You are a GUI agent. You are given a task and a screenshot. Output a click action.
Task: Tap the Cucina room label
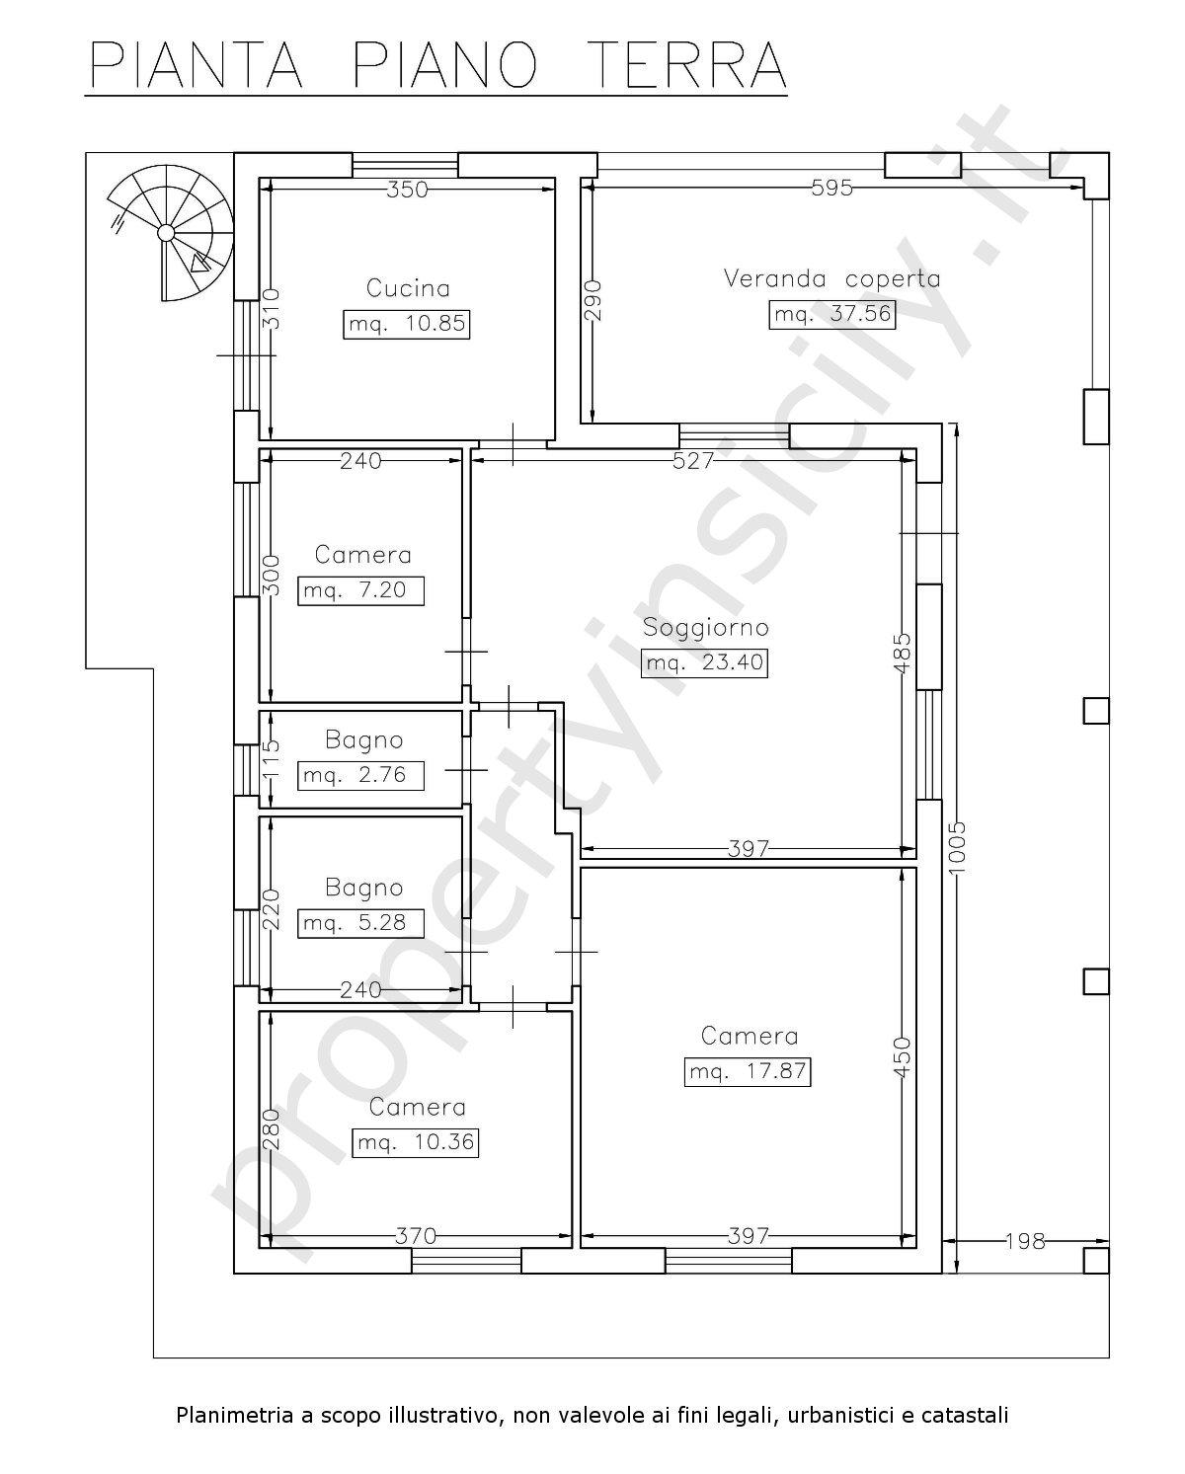click(x=408, y=287)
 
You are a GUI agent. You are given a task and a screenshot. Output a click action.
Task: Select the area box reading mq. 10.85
click(x=407, y=324)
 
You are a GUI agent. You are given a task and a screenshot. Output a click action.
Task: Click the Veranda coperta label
click(x=832, y=278)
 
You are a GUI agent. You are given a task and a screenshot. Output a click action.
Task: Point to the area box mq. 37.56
click(x=832, y=314)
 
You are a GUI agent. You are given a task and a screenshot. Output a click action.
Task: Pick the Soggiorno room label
click(x=705, y=627)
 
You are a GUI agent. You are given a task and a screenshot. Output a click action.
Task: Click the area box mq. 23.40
click(x=704, y=663)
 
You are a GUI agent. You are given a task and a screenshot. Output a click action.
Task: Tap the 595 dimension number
click(x=832, y=188)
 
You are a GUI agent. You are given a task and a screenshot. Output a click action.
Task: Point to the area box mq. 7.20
click(x=361, y=590)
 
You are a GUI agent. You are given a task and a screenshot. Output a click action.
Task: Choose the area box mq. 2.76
click(x=361, y=775)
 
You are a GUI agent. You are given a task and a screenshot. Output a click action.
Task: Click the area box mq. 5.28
click(x=361, y=923)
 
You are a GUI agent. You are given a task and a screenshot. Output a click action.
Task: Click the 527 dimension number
click(x=693, y=461)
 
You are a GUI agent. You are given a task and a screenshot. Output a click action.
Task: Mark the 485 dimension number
click(x=904, y=653)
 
